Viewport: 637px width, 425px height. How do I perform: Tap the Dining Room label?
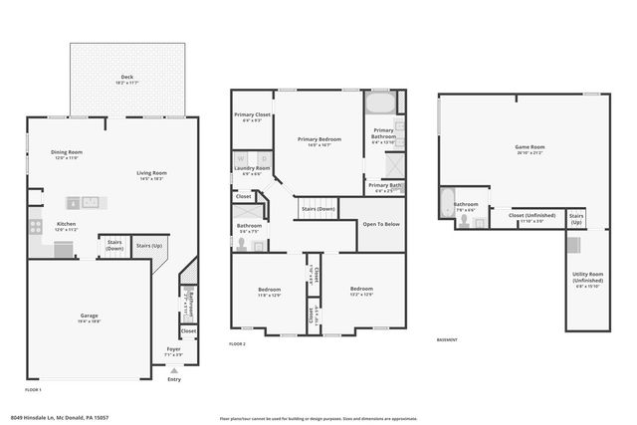coord(67,154)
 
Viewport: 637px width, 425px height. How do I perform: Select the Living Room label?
coord(152,174)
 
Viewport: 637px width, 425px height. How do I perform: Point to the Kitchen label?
coord(66,225)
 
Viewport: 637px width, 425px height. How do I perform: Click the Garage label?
coord(90,317)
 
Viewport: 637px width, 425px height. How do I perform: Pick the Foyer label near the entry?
coord(174,348)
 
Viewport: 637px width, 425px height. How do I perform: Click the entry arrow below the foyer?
coord(175,370)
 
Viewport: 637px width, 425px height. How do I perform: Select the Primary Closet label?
coord(253,115)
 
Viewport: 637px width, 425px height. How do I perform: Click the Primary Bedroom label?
coord(319,139)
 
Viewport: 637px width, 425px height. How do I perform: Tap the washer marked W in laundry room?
coord(241,157)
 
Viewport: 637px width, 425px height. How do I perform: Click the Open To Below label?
coord(381,224)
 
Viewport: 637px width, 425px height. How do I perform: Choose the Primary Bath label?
coord(384,185)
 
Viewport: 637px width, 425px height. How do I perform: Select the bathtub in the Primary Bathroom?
coord(380,103)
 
